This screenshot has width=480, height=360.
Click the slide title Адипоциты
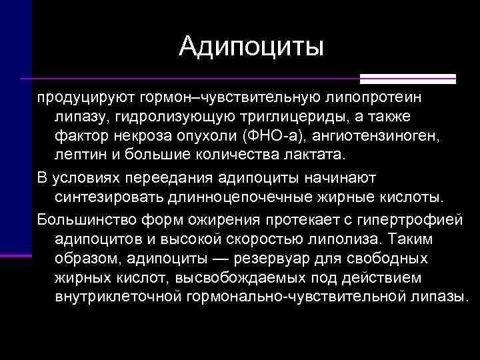[x=251, y=46]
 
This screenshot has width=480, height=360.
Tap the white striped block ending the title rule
[x=433, y=78]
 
